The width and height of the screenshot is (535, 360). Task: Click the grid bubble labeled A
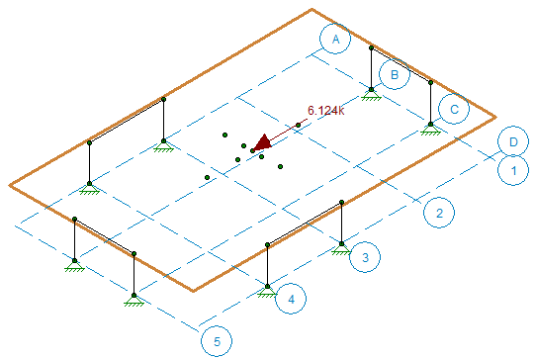(336, 40)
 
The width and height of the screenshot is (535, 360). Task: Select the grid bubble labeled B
(395, 74)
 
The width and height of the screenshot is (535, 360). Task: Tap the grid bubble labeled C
(453, 109)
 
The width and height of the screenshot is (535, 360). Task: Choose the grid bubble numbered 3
(365, 258)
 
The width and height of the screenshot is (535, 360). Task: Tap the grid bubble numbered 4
(292, 298)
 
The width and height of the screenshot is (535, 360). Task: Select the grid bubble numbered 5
(217, 341)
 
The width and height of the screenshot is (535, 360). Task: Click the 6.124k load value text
(325, 111)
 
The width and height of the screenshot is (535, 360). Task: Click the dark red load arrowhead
(261, 144)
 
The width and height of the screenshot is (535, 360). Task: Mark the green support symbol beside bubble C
(430, 127)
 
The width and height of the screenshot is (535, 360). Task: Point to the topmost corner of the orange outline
(312, 10)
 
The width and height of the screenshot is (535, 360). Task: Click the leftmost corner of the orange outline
(10, 185)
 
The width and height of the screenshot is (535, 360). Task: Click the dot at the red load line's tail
(299, 125)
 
